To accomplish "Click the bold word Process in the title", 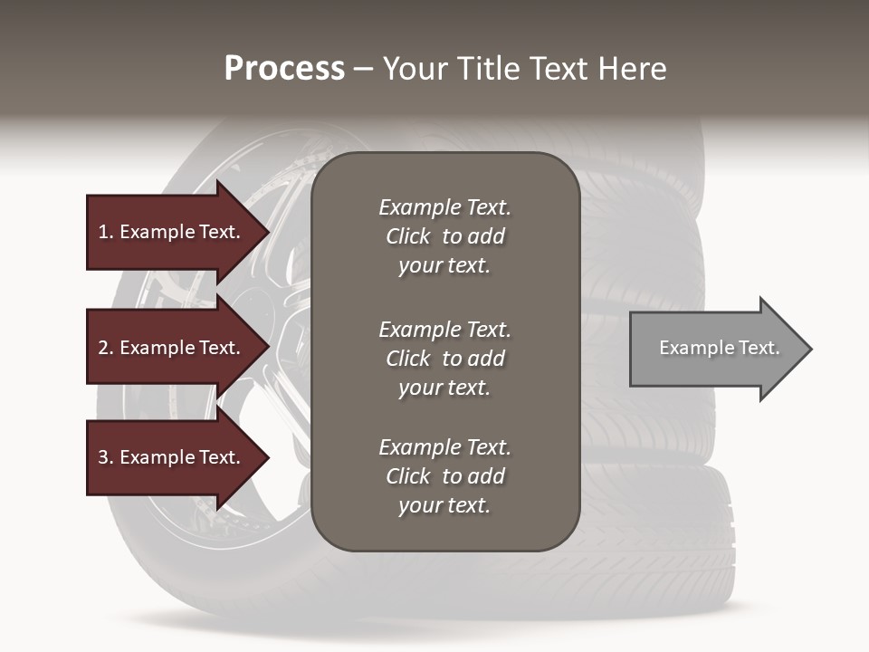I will click(284, 69).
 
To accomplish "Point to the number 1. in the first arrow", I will click(106, 232).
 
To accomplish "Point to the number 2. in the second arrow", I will click(106, 348).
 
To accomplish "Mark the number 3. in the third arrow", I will click(106, 457).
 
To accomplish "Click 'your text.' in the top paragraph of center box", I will click(444, 266).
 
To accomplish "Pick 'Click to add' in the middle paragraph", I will click(444, 359).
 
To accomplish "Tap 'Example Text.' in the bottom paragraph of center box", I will click(444, 447).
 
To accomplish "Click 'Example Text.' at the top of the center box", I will click(444, 207).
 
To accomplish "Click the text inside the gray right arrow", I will click(720, 348).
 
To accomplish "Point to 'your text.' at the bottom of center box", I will click(444, 506).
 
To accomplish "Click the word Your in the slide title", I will click(414, 69).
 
